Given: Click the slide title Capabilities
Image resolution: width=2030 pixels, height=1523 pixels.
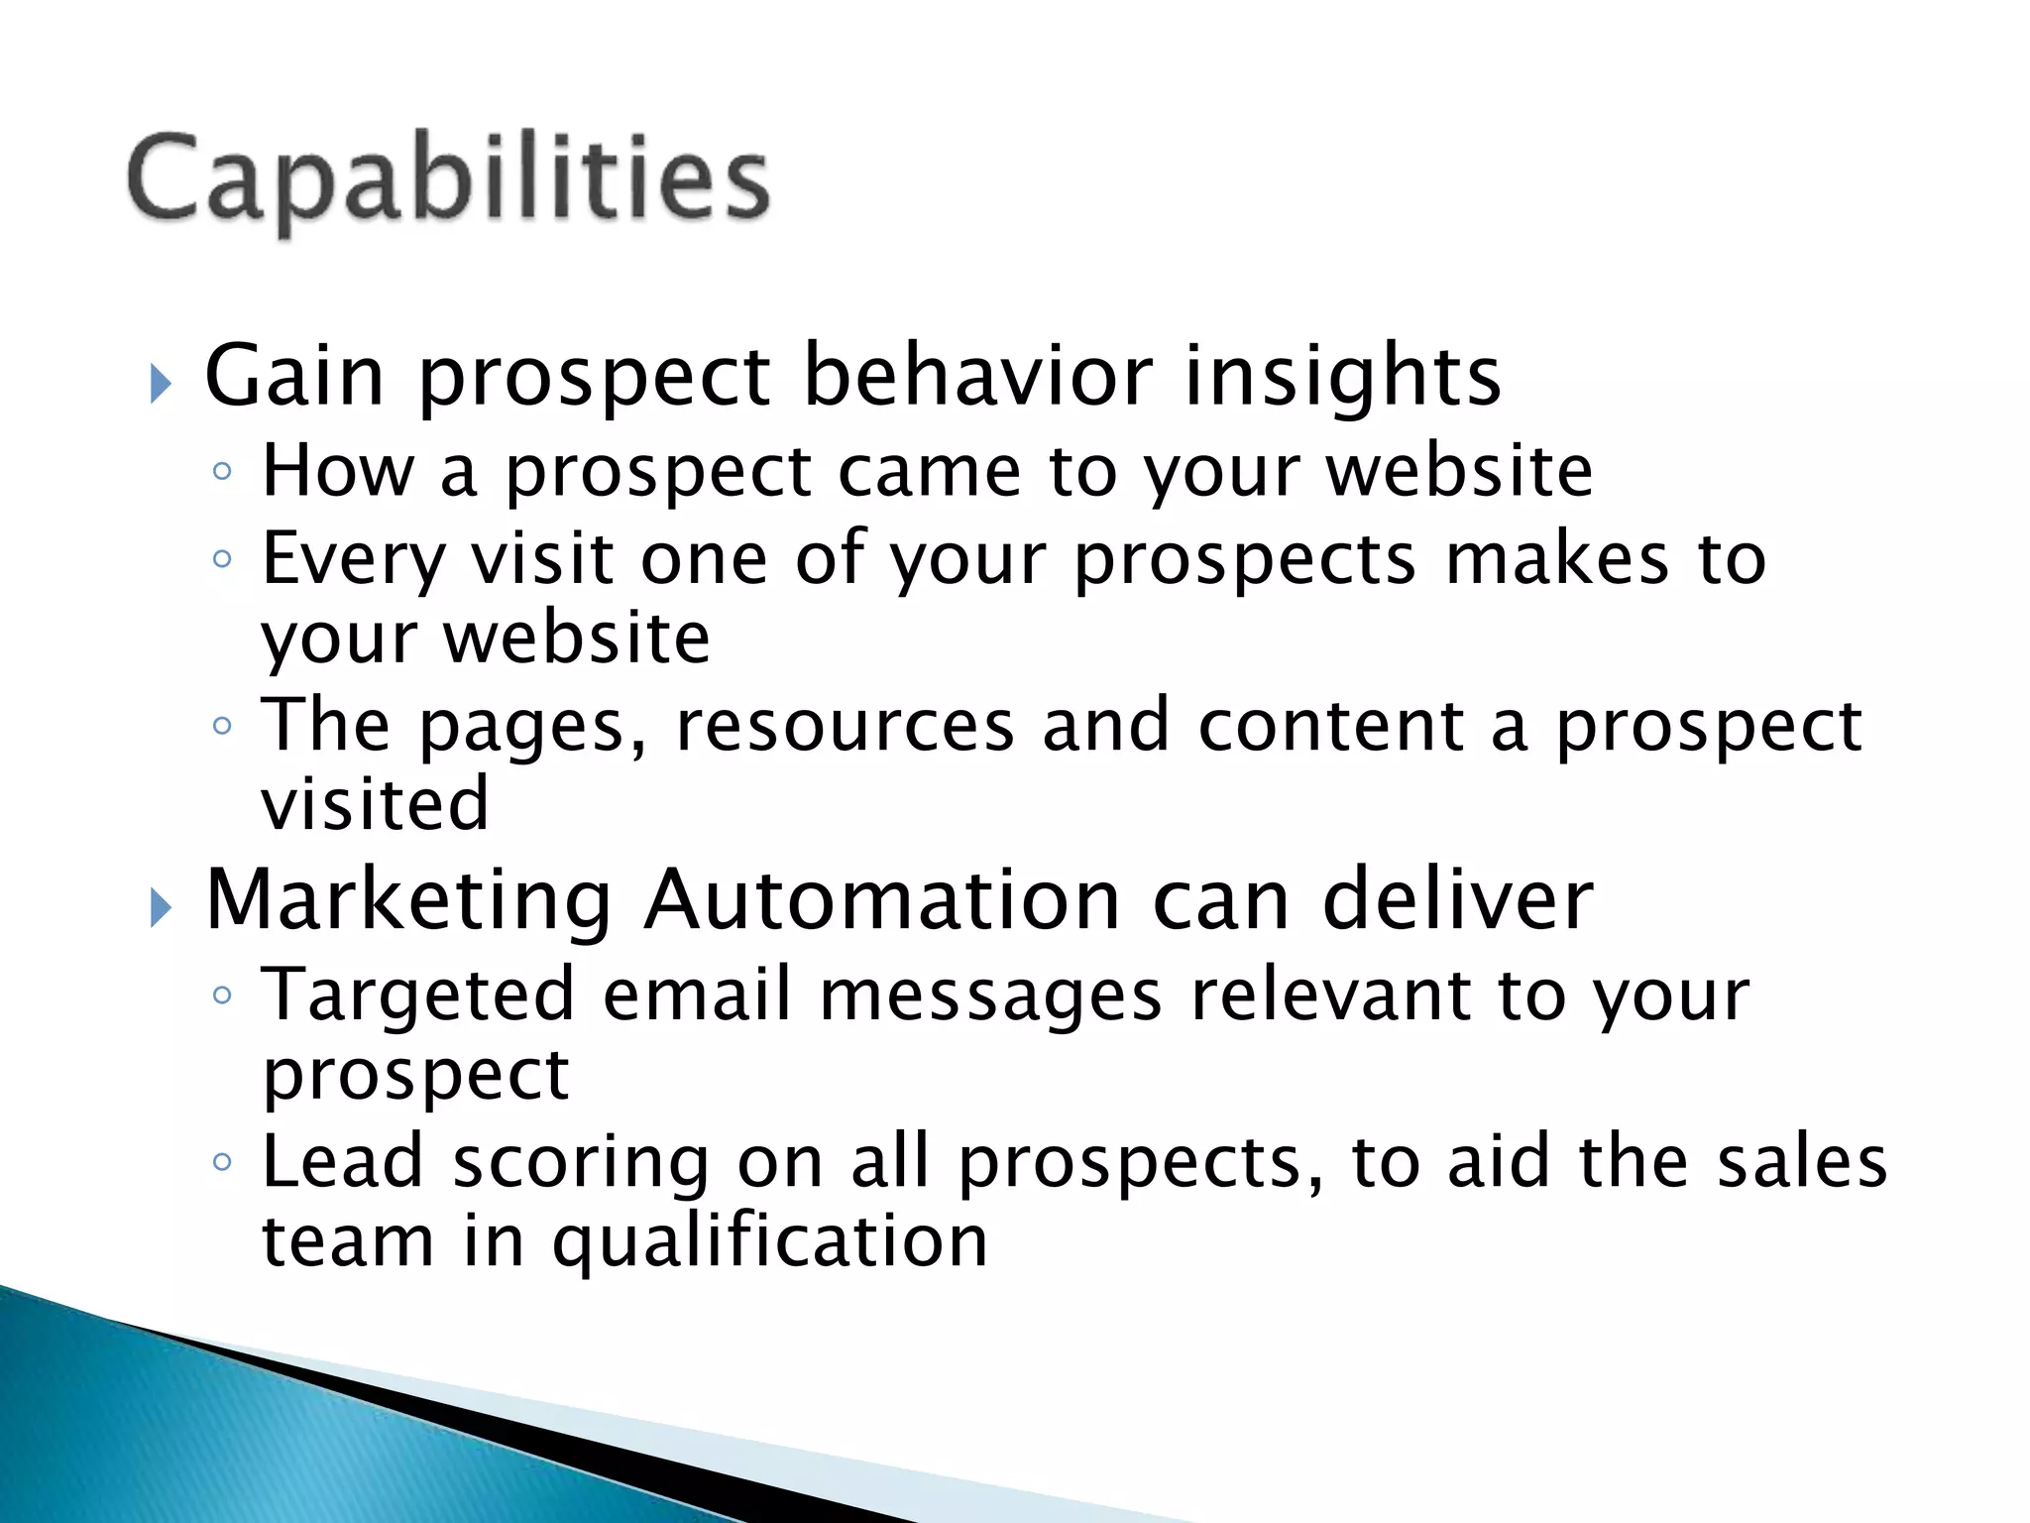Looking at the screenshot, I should pos(448,180).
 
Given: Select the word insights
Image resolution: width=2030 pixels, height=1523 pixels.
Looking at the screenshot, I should pos(1342,377).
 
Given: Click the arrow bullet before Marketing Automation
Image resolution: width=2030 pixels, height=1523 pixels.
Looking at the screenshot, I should pos(161,907).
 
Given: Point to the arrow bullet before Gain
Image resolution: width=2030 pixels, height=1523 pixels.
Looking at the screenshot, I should pos(161,384).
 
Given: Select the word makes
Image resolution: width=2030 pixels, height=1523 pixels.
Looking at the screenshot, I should pos(1557,558).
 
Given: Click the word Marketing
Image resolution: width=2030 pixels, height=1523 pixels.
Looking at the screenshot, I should pos(408,900).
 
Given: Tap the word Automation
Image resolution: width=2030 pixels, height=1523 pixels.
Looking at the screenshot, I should pos(881,900).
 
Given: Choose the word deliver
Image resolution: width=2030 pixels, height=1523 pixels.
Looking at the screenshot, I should pos(1457,900).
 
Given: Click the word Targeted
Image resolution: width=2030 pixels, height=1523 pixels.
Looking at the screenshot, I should pos(417,996).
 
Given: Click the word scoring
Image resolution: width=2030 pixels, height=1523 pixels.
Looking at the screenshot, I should pos(581,1163).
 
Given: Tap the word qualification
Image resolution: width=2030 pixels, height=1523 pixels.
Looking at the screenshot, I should pos(769,1242).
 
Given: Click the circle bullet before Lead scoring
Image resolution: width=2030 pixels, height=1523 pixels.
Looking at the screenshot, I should pos(222,1161).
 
